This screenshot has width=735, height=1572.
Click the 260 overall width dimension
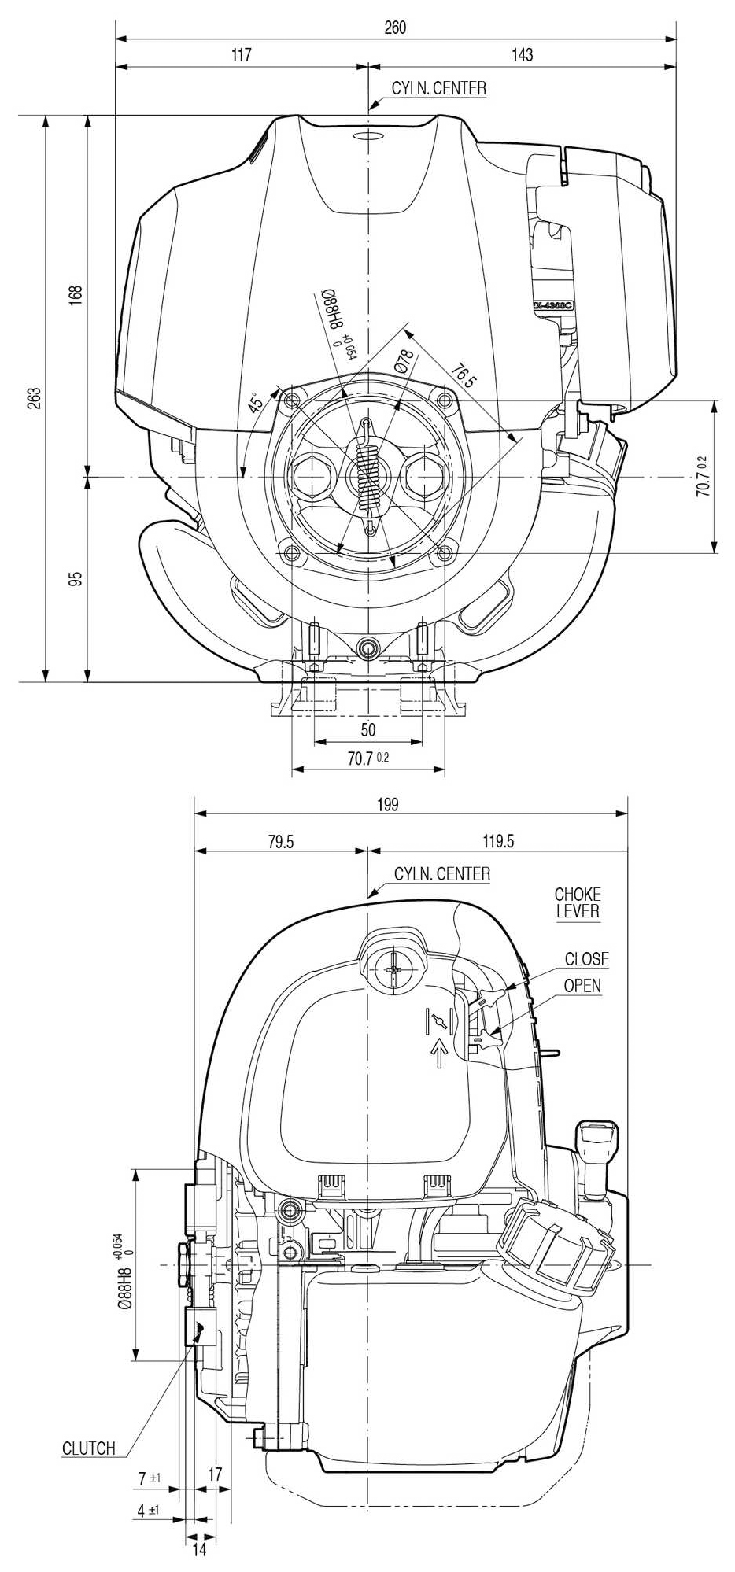[x=395, y=28]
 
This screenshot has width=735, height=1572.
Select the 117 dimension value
[x=241, y=55]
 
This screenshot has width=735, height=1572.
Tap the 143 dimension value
[x=522, y=55]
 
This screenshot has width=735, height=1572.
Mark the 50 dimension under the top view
[x=367, y=729]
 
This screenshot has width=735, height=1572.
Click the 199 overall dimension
[x=387, y=804]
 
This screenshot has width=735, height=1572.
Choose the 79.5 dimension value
[x=280, y=842]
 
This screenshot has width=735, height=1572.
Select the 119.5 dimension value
[x=497, y=842]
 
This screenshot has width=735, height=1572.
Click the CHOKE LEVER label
[x=578, y=903]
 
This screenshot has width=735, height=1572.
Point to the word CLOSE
[x=586, y=959]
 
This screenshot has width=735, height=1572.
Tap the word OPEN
[x=582, y=986]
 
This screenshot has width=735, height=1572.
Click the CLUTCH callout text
[x=89, y=1448]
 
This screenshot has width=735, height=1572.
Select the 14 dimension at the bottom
[x=199, y=1549]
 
